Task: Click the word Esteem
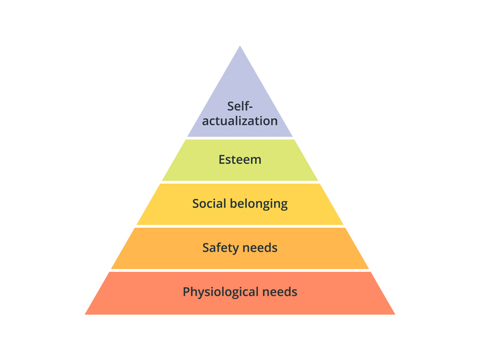240,160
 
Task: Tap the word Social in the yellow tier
209,203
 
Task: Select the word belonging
259,204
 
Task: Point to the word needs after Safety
262,247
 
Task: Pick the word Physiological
221,292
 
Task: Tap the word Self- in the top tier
240,106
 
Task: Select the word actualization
240,121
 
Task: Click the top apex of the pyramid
240,46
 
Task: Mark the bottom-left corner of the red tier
85,314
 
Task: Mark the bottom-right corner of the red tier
395,314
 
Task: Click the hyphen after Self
251,108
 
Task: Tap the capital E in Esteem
222,160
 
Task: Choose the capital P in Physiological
186,292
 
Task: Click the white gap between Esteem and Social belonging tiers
240,182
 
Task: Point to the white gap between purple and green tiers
240,139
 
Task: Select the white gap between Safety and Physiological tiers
240,271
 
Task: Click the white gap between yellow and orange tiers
240,226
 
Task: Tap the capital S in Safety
206,247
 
